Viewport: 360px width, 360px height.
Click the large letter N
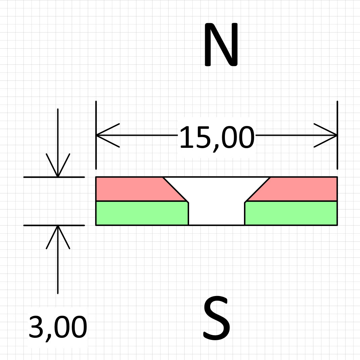221,45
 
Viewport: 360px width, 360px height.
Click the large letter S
217,318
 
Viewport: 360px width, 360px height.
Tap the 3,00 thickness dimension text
58,328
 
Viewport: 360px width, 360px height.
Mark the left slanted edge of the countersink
175,189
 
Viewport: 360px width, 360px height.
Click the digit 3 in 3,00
36,327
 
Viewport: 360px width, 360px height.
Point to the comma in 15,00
216,147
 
